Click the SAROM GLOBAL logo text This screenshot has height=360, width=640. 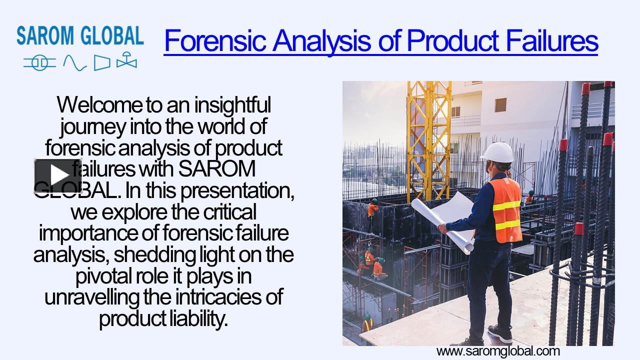[80, 36]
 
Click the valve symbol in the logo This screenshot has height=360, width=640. [126, 61]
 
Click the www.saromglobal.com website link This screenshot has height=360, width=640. [498, 351]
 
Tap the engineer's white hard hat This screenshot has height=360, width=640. [497, 152]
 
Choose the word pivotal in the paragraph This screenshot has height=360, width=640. [102, 276]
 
